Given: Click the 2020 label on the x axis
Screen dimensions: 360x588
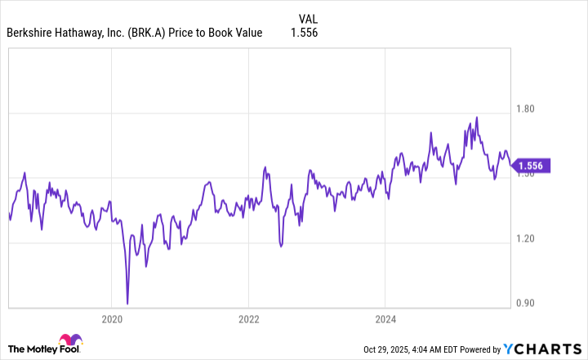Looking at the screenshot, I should pyautogui.click(x=112, y=318).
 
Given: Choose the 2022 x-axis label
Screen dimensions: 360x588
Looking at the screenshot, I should pyautogui.click(x=249, y=318).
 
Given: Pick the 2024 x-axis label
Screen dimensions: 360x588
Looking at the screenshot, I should pyautogui.click(x=386, y=318).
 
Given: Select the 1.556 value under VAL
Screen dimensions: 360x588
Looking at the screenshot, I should pyautogui.click(x=303, y=33).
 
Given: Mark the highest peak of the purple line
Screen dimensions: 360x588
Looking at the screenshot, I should pyautogui.click(x=476, y=117).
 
